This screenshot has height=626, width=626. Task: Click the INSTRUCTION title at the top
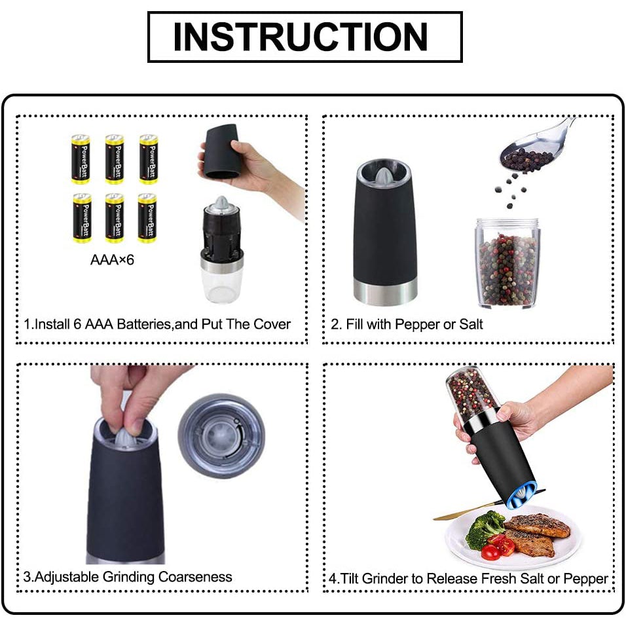(304, 37)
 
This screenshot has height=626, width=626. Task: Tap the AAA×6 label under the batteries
(112, 260)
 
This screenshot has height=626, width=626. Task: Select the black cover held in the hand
(222, 152)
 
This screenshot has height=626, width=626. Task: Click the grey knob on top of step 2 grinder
(385, 173)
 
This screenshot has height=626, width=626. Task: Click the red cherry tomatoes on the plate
(498, 547)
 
